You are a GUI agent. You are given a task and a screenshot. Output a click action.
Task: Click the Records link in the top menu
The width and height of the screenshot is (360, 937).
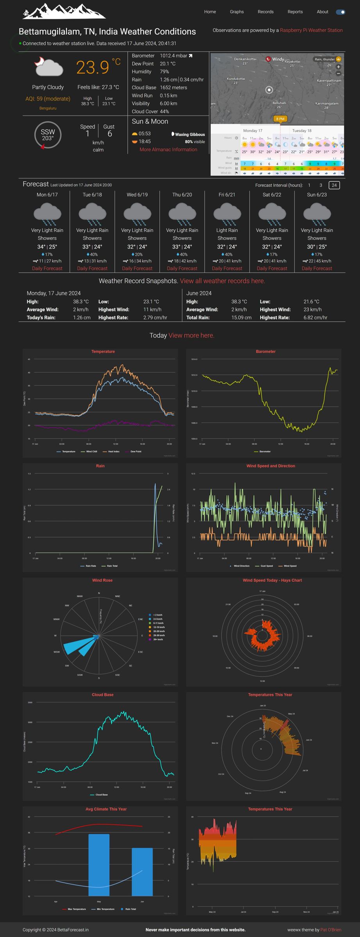point(266,12)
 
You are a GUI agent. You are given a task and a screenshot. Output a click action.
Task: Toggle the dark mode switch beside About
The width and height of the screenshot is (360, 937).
point(340,12)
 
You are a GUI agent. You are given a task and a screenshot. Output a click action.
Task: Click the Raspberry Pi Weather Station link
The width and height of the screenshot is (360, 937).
point(311,30)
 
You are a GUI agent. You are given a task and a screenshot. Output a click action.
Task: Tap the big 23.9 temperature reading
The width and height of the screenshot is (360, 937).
point(93,67)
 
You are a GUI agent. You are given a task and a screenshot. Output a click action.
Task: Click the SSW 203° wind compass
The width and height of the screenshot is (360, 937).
point(48,135)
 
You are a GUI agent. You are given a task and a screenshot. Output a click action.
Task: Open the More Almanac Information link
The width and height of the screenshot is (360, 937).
point(168,150)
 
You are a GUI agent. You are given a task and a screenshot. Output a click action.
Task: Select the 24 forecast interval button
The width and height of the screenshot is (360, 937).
point(334,185)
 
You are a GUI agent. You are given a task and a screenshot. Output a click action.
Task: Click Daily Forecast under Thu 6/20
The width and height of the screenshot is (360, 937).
point(182,269)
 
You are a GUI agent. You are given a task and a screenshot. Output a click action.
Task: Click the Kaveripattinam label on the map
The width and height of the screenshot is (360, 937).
point(329,80)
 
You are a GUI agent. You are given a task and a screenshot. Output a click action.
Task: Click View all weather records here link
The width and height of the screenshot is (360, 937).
point(222,281)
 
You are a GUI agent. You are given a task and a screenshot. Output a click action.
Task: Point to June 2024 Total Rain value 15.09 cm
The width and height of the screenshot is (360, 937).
point(241,317)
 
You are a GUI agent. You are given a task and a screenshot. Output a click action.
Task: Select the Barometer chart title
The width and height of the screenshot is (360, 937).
point(266,351)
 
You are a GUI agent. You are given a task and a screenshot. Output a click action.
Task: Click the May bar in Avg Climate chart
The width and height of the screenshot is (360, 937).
point(99,865)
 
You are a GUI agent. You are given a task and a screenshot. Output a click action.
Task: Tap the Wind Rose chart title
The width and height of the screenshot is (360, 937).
point(102,580)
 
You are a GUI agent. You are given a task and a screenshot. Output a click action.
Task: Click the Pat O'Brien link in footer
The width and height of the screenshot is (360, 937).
point(331,930)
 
